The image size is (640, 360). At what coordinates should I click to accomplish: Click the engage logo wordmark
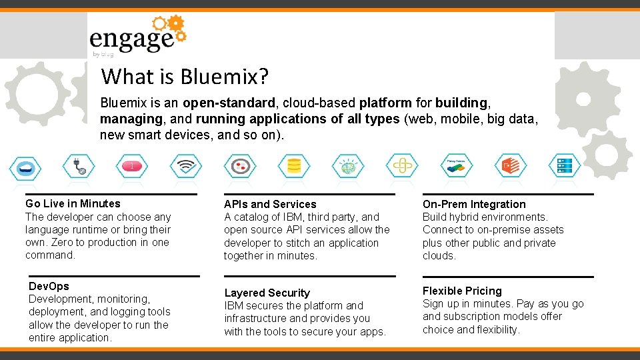(131, 39)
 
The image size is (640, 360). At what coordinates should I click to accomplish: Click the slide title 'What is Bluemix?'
(185, 77)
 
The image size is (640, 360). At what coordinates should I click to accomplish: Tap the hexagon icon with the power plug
(79, 165)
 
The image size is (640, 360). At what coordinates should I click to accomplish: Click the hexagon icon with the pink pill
(132, 165)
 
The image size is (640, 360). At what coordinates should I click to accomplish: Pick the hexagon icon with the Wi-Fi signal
(185, 165)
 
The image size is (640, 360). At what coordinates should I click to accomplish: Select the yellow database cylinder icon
(293, 165)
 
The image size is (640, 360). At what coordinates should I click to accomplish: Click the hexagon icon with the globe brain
(347, 165)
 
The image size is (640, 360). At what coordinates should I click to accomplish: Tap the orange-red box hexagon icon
(510, 165)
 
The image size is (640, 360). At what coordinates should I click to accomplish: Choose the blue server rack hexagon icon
(563, 165)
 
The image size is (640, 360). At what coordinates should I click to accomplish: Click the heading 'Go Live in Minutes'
(73, 204)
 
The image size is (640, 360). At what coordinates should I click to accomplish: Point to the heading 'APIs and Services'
(270, 205)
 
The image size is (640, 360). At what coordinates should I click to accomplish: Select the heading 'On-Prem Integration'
(474, 205)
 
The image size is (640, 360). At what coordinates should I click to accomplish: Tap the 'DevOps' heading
(49, 286)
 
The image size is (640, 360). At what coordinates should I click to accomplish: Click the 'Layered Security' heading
(267, 293)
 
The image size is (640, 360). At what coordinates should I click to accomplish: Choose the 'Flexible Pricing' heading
(462, 291)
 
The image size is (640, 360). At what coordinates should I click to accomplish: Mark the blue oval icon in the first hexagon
(26, 165)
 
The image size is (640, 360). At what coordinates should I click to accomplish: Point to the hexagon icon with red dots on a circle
(239, 165)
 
